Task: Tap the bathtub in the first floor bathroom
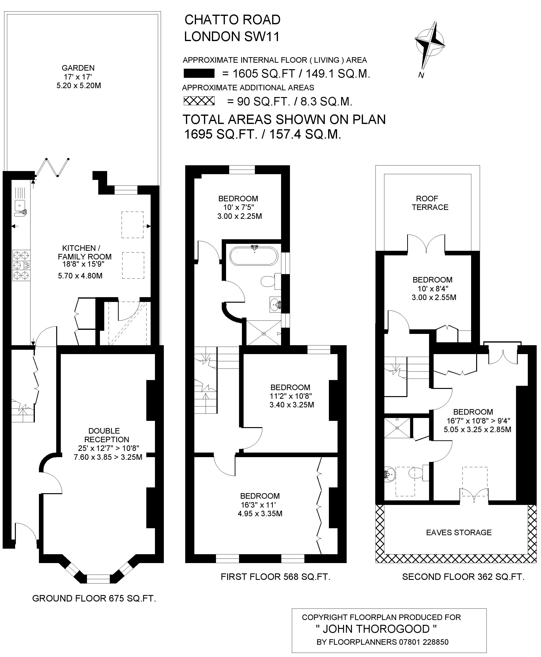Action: [x=253, y=256]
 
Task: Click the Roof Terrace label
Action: [x=430, y=203]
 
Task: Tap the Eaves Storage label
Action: [x=459, y=532]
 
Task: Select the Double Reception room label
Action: [x=107, y=435]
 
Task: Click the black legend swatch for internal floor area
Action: [x=199, y=73]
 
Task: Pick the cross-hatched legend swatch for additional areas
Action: [x=199, y=101]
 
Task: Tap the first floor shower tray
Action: [x=264, y=333]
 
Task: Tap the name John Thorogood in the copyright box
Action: [x=376, y=629]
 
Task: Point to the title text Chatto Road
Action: [x=233, y=20]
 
